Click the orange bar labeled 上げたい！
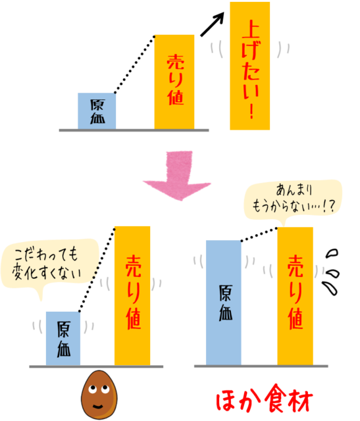pyautogui.click(x=249, y=66)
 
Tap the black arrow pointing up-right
pyautogui.click(x=212, y=24)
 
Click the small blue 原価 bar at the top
pyautogui.click(x=97, y=111)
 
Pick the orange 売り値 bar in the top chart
pyautogui.click(x=174, y=82)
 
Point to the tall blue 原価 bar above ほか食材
pyautogui.click(x=224, y=303)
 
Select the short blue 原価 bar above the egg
pyautogui.click(x=63, y=338)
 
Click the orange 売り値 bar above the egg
pyautogui.click(x=132, y=296)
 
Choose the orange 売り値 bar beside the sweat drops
pyautogui.click(x=295, y=296)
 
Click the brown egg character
pyautogui.click(x=99, y=395)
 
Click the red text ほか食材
pyautogui.click(x=264, y=399)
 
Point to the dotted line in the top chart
pyautogui.click(x=135, y=64)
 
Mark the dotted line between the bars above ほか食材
pyautogui.click(x=259, y=235)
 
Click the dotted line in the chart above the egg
pyautogui.click(x=97, y=270)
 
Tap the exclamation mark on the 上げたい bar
pyautogui.click(x=251, y=111)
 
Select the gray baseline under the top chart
pyautogui.click(x=134, y=130)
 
